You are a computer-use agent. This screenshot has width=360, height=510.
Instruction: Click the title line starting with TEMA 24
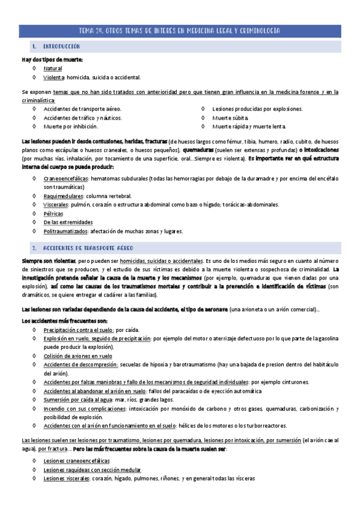[180, 30]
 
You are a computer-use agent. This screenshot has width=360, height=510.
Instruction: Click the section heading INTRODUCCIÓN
[62, 46]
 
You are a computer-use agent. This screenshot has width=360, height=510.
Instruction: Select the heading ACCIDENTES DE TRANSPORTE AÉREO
[88, 248]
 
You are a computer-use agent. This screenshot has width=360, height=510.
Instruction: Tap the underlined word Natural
[53, 69]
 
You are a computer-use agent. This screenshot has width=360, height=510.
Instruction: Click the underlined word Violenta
[54, 78]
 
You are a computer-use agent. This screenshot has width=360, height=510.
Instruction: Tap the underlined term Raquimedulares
[64, 196]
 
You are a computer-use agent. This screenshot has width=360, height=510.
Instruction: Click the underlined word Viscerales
[56, 204]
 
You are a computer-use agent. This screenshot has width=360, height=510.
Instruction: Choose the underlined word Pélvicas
[53, 214]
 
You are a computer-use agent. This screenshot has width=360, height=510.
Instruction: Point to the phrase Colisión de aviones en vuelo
[77, 355]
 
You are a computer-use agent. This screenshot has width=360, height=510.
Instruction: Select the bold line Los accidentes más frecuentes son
[59, 321]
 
